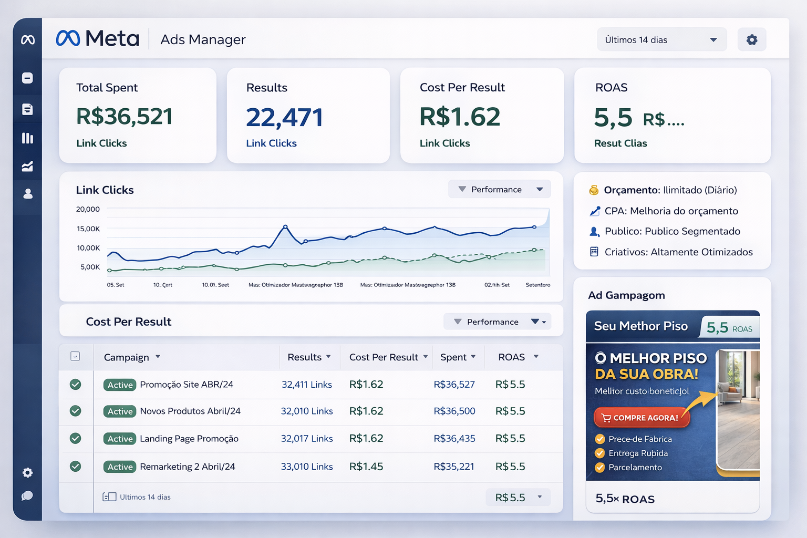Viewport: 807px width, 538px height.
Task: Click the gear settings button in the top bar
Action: pos(752,40)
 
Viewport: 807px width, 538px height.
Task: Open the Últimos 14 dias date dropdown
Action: pos(661,40)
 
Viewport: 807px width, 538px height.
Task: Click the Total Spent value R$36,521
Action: pos(125,117)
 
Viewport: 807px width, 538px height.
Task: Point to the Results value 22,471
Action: pos(284,117)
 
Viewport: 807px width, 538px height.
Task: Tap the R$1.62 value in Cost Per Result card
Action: pos(460,117)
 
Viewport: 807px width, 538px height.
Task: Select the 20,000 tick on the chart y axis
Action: pos(88,209)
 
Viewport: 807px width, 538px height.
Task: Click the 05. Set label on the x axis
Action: pos(116,285)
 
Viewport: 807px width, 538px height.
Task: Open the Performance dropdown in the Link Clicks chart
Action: pos(499,189)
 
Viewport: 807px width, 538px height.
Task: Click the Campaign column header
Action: pos(127,357)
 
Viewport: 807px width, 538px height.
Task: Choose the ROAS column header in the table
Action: pos(512,357)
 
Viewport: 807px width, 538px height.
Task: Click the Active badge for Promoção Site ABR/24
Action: pos(120,385)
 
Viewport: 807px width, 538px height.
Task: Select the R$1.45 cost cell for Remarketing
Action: pos(366,467)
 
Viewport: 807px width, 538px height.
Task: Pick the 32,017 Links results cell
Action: pos(307,439)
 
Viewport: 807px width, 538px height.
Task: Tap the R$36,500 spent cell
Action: pos(454,411)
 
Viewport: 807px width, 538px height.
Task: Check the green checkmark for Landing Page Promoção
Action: pos(76,438)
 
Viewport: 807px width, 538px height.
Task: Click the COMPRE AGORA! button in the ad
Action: pos(642,418)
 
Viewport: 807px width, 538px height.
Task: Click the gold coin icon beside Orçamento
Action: pos(594,190)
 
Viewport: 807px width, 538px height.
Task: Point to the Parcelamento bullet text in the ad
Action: pos(635,468)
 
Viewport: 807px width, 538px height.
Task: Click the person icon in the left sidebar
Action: pos(28,194)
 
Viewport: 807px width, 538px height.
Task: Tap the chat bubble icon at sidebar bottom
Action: pos(27,496)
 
